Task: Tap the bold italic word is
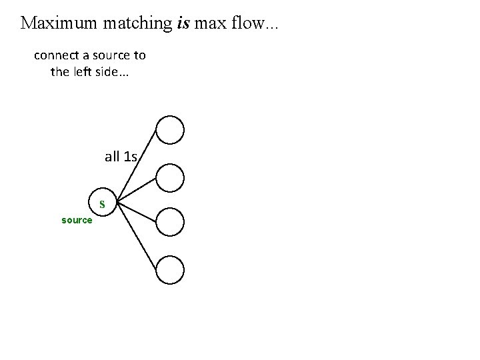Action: [185, 23]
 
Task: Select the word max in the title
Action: [213, 24]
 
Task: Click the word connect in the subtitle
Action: [56, 55]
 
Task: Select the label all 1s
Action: [121, 157]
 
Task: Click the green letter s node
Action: [103, 202]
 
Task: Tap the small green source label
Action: [77, 220]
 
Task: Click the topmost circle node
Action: [171, 130]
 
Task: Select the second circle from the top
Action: [171, 177]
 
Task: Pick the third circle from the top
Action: [171, 222]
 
